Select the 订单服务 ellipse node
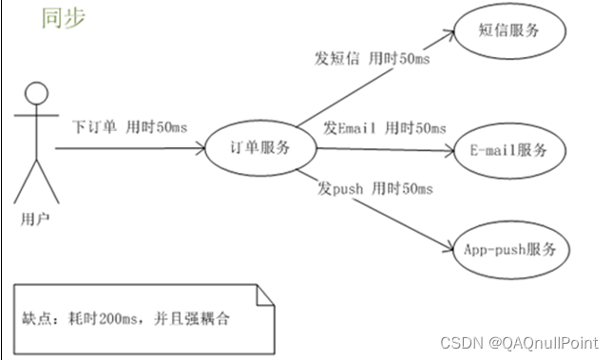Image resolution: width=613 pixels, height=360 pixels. click(x=260, y=148)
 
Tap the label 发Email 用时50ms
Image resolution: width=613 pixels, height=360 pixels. click(x=383, y=128)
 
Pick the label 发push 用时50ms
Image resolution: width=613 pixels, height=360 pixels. click(x=373, y=189)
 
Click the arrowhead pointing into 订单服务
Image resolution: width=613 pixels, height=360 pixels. click(x=202, y=148)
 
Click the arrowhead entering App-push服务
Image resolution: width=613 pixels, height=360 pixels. click(x=448, y=248)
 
